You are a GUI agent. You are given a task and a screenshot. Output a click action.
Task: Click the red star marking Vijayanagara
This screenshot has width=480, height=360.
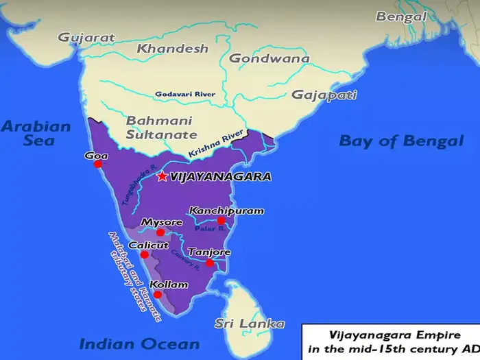[x=162, y=176]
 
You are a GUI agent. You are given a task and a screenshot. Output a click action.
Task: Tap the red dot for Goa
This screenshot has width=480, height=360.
[x=98, y=164]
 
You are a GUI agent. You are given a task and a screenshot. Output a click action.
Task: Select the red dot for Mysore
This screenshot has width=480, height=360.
[x=160, y=232]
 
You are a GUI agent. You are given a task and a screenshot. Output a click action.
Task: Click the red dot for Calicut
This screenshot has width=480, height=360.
[x=145, y=254]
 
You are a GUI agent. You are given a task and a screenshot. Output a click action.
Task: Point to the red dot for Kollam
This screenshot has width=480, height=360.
[x=157, y=294]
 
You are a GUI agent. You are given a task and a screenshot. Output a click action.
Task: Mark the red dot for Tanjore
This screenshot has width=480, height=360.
[x=210, y=263]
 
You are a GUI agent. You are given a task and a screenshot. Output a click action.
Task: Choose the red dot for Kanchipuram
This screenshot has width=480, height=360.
[x=221, y=221]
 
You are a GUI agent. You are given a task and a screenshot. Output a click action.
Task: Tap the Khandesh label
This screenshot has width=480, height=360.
[x=172, y=49]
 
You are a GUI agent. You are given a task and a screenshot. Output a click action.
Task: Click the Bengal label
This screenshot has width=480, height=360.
[x=400, y=16]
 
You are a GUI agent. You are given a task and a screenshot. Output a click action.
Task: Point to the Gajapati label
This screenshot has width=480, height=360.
[x=323, y=95]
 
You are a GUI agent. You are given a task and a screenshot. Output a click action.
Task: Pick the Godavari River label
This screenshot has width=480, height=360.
[x=186, y=93]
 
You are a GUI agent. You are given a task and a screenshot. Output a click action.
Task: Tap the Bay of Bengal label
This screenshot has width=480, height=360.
[x=401, y=141]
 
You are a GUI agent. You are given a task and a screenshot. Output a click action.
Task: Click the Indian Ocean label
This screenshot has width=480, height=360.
[x=139, y=344]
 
